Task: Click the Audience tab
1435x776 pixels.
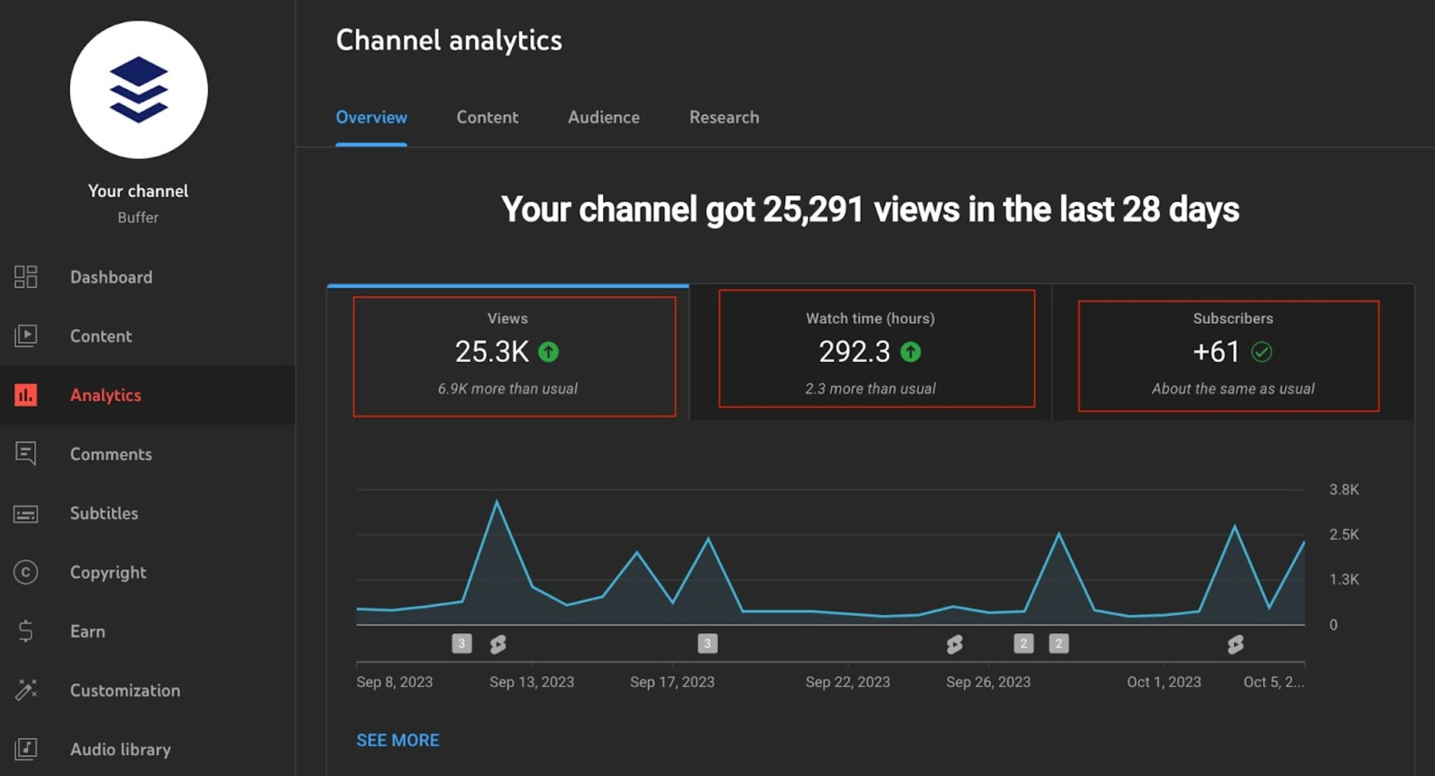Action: [603, 117]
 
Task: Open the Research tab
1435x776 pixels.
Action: [724, 117]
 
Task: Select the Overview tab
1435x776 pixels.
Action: [371, 117]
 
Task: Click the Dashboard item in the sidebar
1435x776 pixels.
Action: [111, 277]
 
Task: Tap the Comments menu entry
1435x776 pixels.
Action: [111, 454]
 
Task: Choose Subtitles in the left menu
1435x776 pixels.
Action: [104, 513]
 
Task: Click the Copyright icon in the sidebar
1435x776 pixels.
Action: [26, 573]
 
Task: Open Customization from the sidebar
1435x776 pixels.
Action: [125, 690]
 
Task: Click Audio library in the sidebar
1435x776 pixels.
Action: [120, 749]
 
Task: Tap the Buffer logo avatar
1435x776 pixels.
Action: [139, 90]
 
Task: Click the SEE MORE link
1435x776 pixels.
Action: [397, 740]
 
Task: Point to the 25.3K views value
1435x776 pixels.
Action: [491, 352]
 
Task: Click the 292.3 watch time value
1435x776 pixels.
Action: [854, 352]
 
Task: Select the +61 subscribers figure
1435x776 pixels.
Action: [1216, 352]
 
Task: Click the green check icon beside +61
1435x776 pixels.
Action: [1262, 352]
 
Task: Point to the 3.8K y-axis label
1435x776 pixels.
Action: [1343, 490]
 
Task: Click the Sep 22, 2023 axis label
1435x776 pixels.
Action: [847, 682]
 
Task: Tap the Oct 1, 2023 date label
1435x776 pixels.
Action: [1163, 682]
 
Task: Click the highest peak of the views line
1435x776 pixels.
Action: [497, 501]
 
